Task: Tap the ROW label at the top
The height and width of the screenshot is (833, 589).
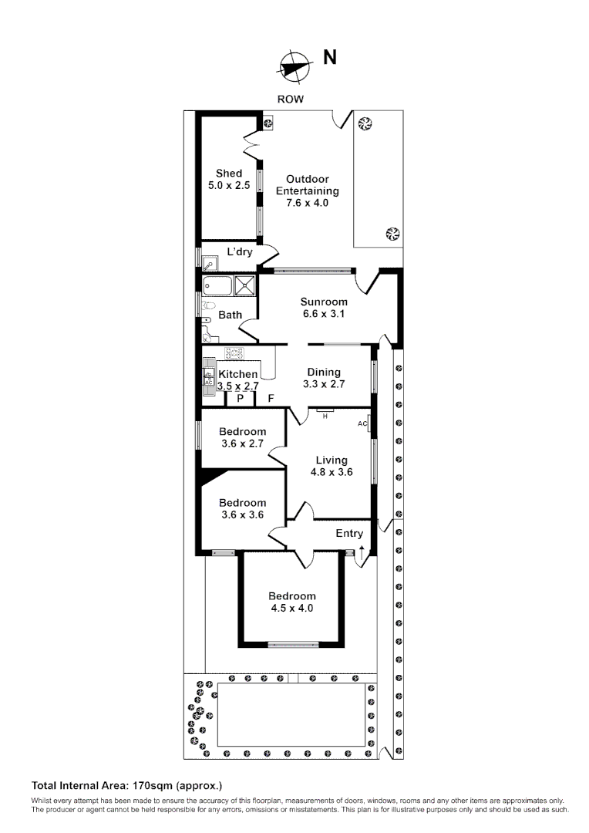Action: pyautogui.click(x=291, y=99)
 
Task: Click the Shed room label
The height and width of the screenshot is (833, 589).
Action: pyautogui.click(x=229, y=174)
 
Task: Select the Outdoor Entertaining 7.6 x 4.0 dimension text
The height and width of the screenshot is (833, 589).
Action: pyautogui.click(x=307, y=203)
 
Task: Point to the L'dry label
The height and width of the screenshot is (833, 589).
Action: pyautogui.click(x=240, y=251)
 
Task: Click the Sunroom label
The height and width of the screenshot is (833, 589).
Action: pyautogui.click(x=324, y=302)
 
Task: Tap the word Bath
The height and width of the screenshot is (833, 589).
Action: pyautogui.click(x=230, y=315)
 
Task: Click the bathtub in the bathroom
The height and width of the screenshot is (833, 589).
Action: pyautogui.click(x=217, y=286)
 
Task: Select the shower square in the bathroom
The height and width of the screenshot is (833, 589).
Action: pyautogui.click(x=246, y=285)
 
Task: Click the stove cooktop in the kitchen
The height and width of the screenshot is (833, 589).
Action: pyautogui.click(x=235, y=354)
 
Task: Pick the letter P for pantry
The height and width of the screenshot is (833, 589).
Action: pyautogui.click(x=241, y=399)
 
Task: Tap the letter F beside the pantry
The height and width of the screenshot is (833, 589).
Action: pyautogui.click(x=271, y=399)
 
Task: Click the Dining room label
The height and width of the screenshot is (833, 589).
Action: pyautogui.click(x=324, y=372)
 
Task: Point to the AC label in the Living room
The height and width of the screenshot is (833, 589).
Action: pyautogui.click(x=362, y=424)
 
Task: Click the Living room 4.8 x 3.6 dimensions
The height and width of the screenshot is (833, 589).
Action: pyautogui.click(x=332, y=472)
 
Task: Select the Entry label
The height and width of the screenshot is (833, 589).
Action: pyautogui.click(x=349, y=534)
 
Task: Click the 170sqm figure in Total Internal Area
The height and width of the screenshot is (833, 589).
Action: pyautogui.click(x=151, y=786)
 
